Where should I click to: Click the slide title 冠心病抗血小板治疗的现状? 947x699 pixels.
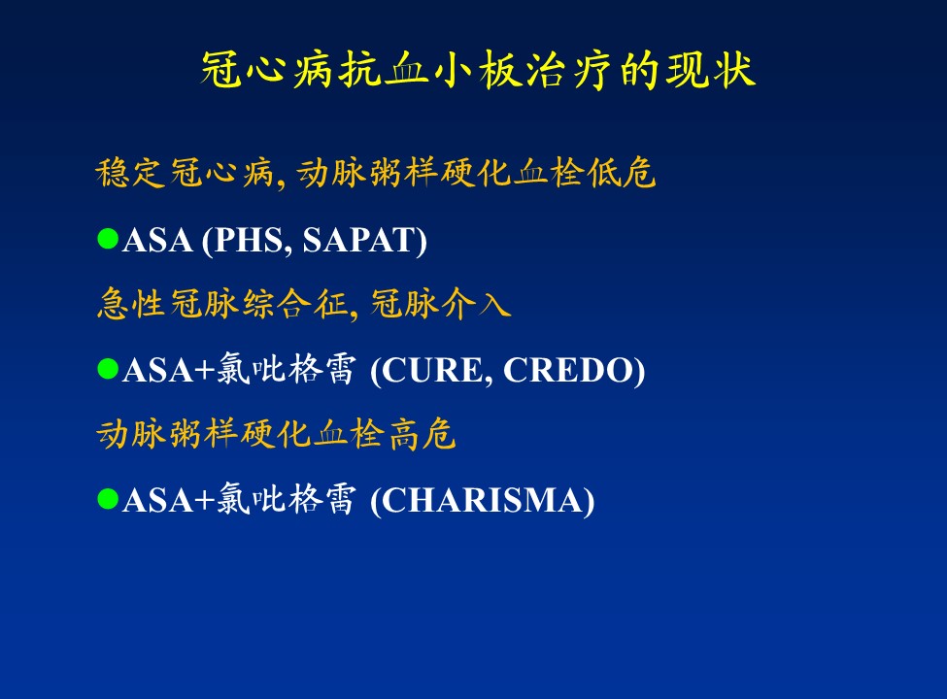click(x=478, y=70)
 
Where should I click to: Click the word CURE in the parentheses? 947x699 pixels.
click(x=431, y=370)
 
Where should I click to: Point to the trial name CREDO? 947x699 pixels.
click(x=568, y=370)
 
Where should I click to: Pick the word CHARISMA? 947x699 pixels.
click(x=482, y=500)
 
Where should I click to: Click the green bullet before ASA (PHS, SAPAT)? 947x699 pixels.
click(x=108, y=239)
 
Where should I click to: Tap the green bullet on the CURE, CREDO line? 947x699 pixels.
click(x=108, y=369)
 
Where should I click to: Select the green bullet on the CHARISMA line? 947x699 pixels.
click(x=108, y=499)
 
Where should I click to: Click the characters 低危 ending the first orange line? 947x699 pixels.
click(x=621, y=173)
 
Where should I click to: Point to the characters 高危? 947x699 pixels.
click(x=422, y=434)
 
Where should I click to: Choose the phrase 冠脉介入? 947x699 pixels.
click(x=441, y=303)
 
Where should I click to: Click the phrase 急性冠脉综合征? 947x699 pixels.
click(x=222, y=303)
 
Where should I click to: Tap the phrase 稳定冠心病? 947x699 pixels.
click(x=185, y=173)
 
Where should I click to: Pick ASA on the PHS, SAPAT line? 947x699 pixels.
click(x=157, y=240)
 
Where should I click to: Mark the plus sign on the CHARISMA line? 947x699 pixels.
click(x=205, y=501)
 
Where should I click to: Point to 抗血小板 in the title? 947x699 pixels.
click(x=406, y=70)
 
